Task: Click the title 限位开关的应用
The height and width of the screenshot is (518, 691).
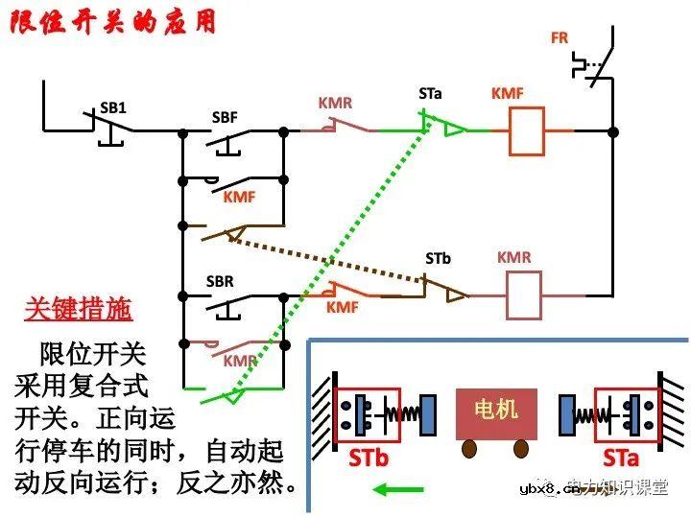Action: pos(113,22)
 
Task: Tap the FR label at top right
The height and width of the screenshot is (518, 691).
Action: pos(560,38)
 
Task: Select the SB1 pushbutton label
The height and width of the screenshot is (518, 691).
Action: pos(113,107)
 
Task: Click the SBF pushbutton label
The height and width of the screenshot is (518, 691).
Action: pos(224,118)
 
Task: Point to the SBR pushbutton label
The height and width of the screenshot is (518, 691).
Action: pos(221,283)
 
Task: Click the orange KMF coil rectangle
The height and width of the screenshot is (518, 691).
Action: pos(527,130)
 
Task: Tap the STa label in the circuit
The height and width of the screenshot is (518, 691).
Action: pos(430,93)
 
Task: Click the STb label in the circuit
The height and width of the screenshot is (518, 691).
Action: pos(438,258)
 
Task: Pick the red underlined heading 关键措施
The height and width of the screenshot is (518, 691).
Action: pos(79,310)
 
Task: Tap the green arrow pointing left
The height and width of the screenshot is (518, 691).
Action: pos(397,489)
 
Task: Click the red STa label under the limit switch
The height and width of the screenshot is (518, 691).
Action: pos(621,458)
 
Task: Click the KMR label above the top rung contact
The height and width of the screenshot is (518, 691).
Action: pos(337,102)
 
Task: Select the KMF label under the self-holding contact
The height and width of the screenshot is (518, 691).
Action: pos(240,198)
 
